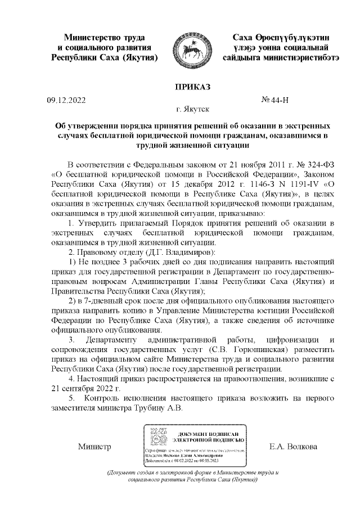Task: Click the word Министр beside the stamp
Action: [x=94, y=447]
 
